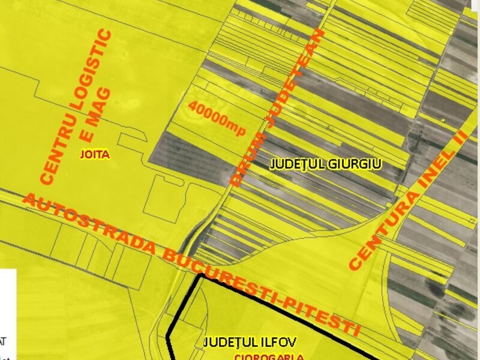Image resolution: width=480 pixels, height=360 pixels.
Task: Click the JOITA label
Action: pos(95,154)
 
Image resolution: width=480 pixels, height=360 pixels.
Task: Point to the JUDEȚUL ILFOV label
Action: pos(250,343)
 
